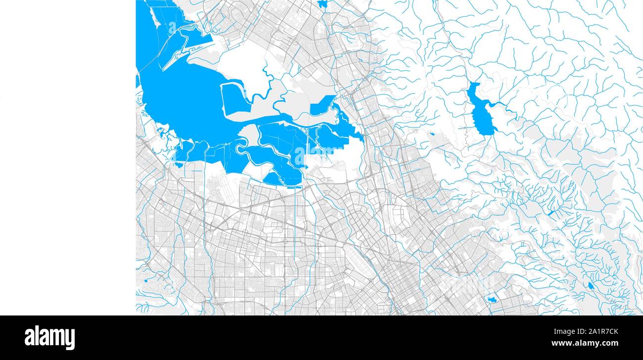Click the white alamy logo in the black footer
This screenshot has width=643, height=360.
pyautogui.click(x=49, y=338)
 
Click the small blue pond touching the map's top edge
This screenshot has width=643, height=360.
pyautogui.click(x=322, y=4)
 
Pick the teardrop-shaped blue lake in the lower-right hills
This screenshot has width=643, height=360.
pyautogui.click(x=590, y=286)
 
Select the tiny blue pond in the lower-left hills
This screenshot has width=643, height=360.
pyautogui.click(x=147, y=281)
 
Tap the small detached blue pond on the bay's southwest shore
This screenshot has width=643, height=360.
pyautogui.click(x=179, y=164)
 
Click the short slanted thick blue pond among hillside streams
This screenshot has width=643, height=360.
pyautogui.click(x=550, y=213)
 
